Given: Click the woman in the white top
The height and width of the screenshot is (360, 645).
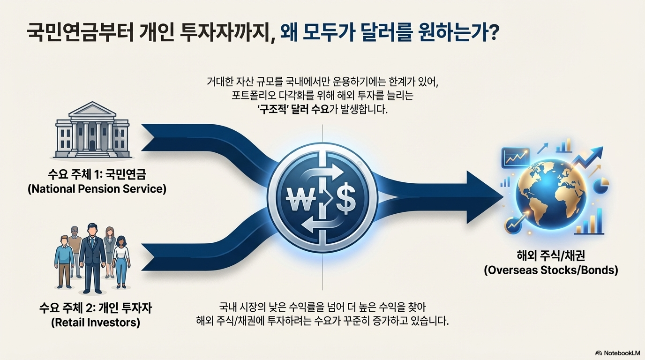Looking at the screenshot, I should pyautogui.click(x=121, y=260).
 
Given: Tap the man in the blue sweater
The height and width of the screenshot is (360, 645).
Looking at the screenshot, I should pyautogui.click(x=64, y=261).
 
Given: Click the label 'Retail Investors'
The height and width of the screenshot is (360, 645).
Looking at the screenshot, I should pyautogui.click(x=97, y=322).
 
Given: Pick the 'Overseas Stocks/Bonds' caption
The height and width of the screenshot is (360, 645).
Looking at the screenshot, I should pyautogui.click(x=551, y=270).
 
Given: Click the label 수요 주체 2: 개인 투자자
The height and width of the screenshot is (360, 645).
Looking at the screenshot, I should pyautogui.click(x=97, y=308).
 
